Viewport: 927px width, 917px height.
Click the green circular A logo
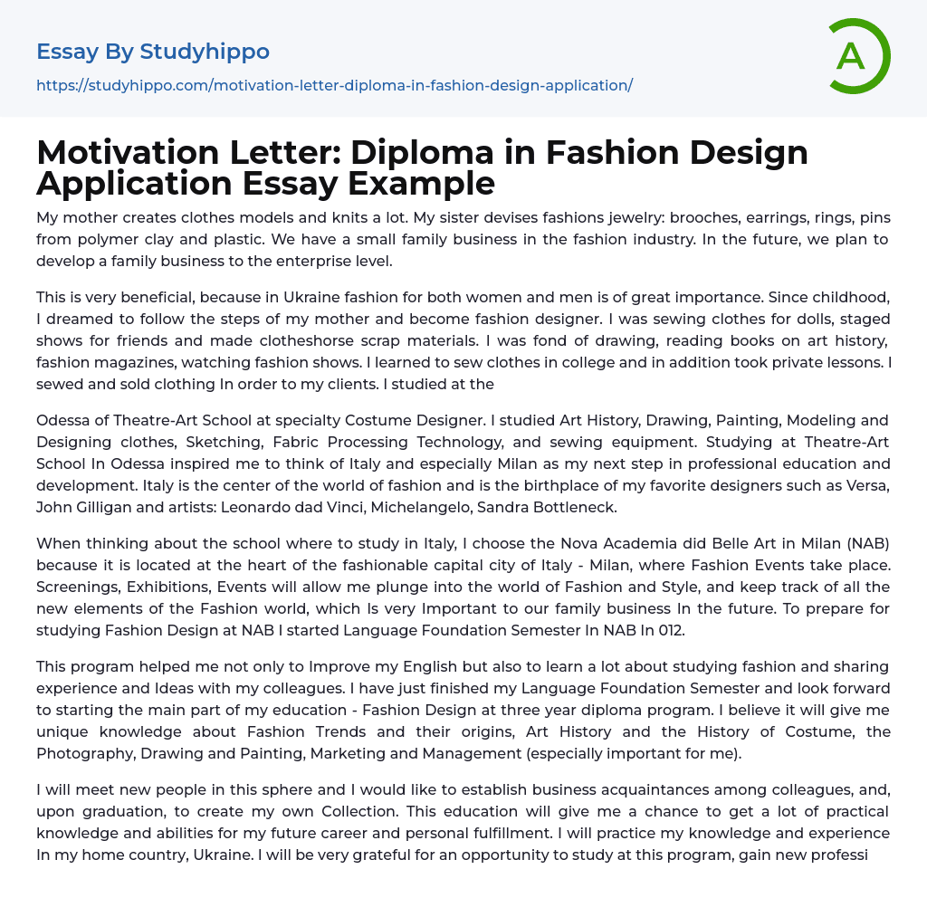click(858, 56)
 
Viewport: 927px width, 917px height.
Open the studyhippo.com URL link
click(334, 86)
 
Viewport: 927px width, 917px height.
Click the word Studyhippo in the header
click(205, 52)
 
